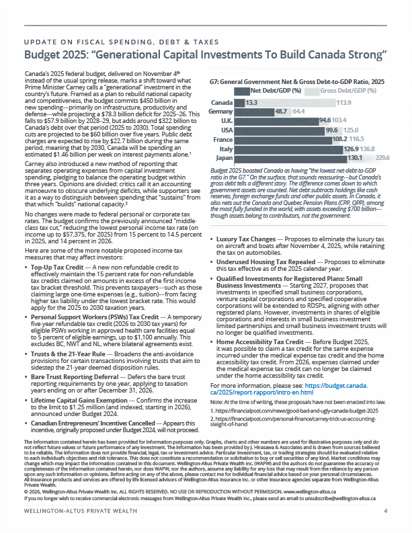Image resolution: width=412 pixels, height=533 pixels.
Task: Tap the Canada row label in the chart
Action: (x=222, y=102)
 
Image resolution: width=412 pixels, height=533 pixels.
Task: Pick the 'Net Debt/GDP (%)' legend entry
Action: (x=276, y=91)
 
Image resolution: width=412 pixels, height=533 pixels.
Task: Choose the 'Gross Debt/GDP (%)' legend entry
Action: (x=347, y=91)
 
